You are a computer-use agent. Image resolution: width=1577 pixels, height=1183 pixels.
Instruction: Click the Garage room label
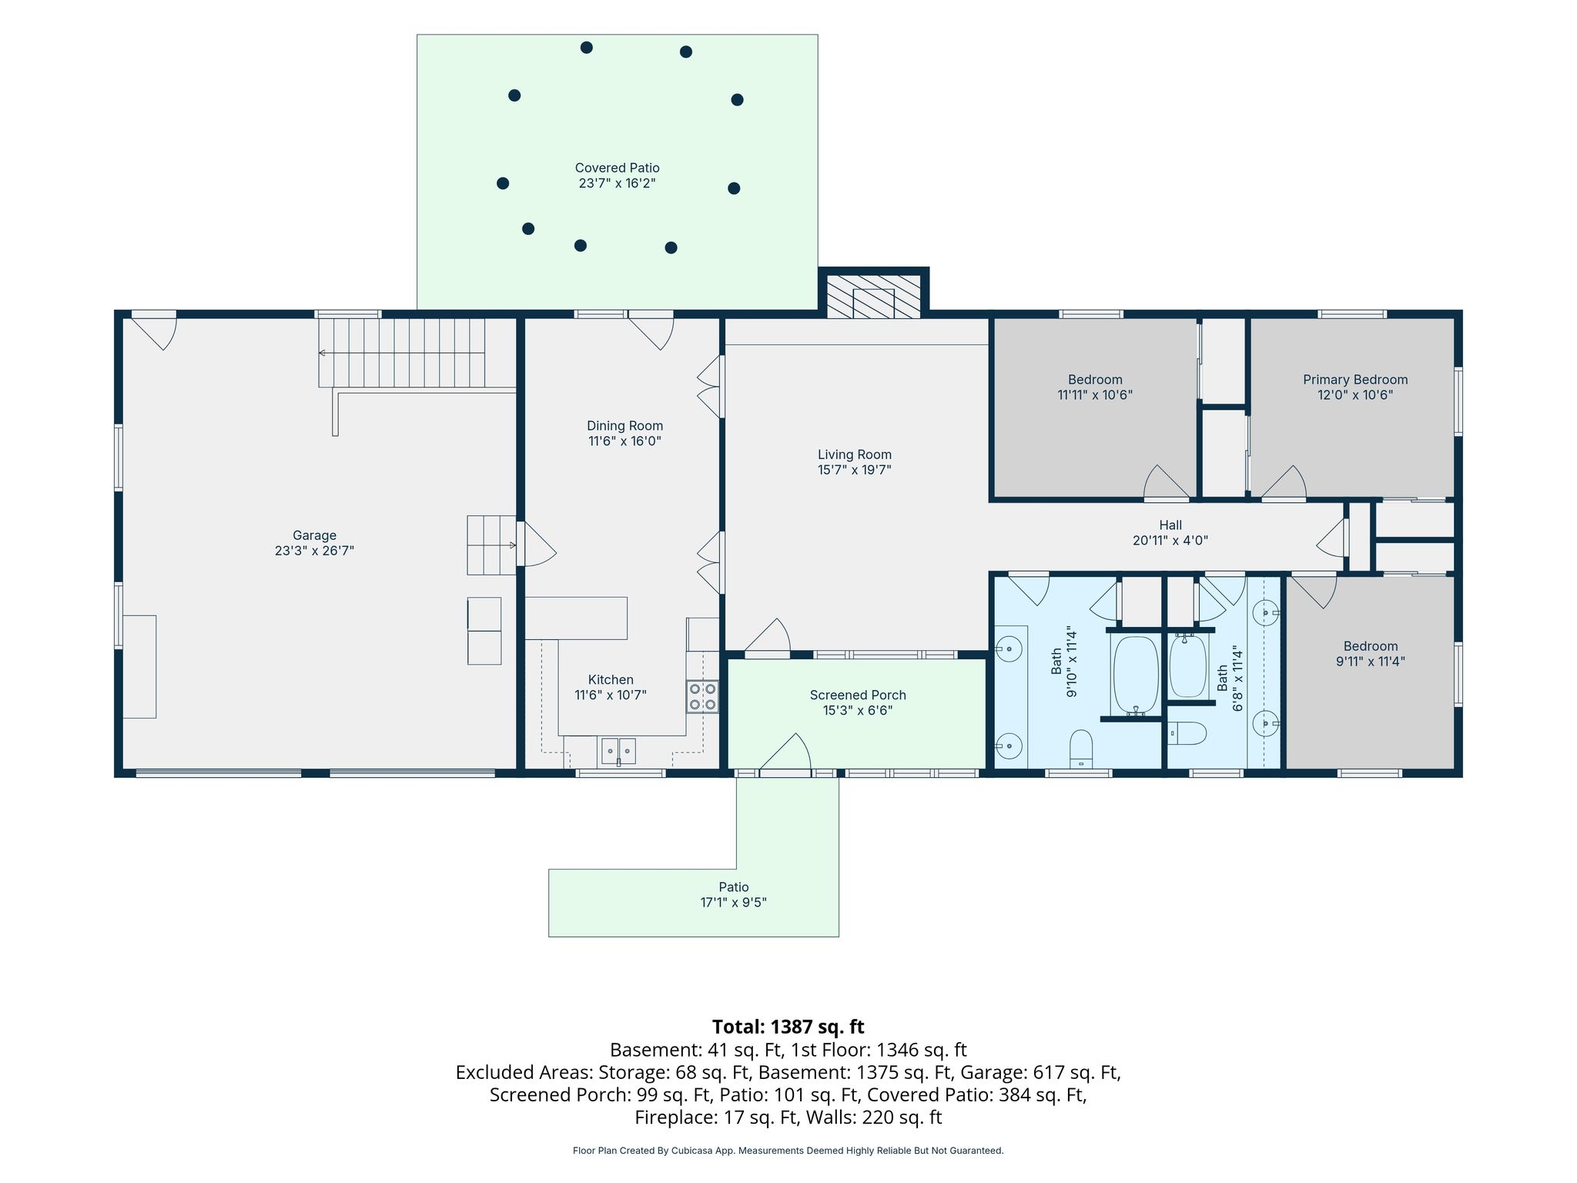tap(314, 535)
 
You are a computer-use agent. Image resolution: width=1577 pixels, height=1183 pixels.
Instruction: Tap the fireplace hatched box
tap(873, 295)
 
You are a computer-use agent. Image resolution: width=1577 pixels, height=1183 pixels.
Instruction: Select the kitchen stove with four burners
tap(702, 696)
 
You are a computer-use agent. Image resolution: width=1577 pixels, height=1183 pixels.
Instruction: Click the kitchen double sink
tap(618, 750)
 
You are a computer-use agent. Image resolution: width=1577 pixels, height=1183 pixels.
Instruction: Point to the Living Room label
tap(855, 454)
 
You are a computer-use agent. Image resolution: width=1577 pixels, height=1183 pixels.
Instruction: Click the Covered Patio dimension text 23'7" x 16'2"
tap(617, 183)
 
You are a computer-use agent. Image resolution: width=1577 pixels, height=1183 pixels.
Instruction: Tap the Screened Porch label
tap(858, 695)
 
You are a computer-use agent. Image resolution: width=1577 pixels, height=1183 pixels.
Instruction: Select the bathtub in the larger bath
tap(1135, 675)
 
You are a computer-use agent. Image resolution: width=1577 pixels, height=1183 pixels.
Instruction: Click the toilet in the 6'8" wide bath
tap(1187, 733)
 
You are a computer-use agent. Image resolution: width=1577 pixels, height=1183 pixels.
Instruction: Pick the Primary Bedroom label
tap(1355, 380)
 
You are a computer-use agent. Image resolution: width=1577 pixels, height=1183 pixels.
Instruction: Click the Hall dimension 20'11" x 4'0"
tap(1170, 541)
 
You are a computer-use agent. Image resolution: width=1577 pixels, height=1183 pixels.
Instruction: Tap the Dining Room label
tap(624, 426)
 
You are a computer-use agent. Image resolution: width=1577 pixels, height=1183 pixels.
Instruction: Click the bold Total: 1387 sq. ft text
tap(788, 1027)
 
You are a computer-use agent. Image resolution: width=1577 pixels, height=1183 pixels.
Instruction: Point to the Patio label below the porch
tap(734, 887)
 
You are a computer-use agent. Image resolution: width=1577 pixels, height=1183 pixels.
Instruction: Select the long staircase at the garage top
tap(402, 353)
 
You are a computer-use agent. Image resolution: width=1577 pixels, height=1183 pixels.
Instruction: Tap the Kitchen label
tap(611, 679)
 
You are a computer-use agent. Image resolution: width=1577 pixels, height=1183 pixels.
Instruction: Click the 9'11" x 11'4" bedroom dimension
tap(1371, 661)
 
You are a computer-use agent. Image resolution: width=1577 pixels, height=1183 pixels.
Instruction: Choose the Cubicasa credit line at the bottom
tap(788, 1151)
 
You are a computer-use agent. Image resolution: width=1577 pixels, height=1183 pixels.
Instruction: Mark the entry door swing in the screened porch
tap(785, 752)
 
